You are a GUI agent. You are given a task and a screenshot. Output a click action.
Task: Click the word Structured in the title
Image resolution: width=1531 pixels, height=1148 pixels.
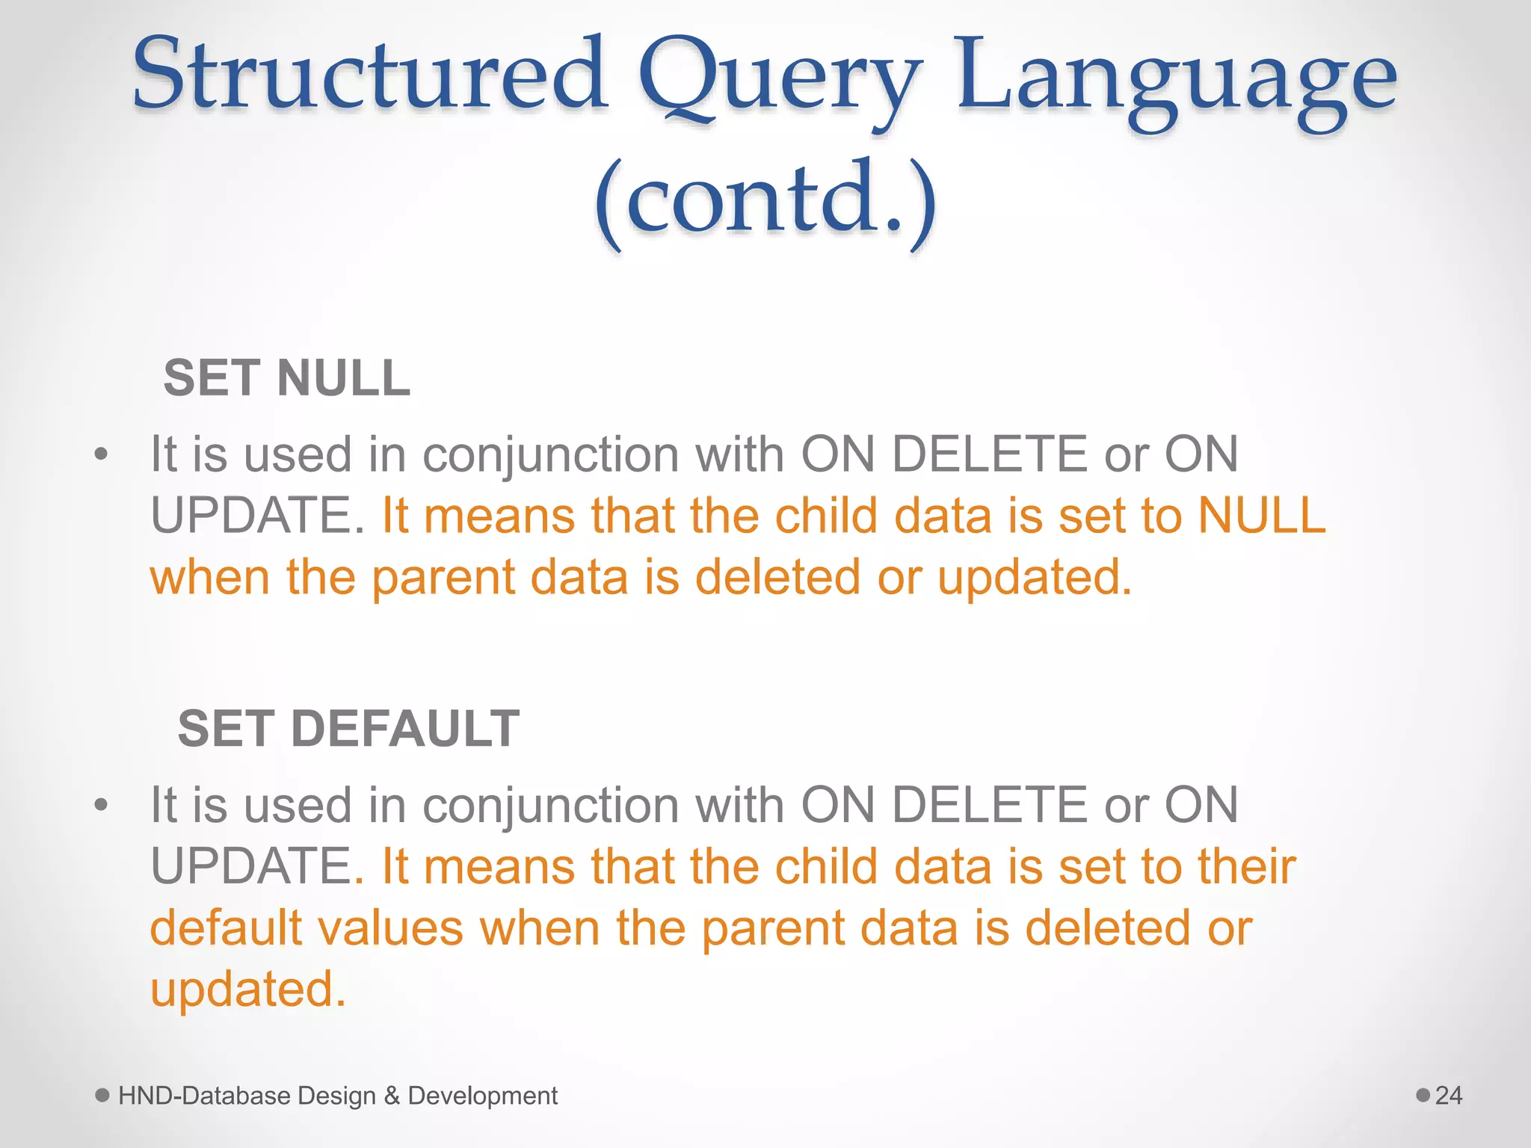pyautogui.click(x=369, y=75)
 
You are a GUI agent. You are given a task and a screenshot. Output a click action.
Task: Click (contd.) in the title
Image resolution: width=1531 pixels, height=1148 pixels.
pyautogui.click(x=765, y=200)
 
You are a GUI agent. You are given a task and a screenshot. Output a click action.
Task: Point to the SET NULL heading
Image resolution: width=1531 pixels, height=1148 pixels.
pyautogui.click(x=287, y=377)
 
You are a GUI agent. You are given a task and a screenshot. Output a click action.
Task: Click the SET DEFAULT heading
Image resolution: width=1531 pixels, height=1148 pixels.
pyautogui.click(x=348, y=729)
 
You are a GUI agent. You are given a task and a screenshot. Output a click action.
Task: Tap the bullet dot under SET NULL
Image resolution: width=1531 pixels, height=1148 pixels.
pyautogui.click(x=102, y=454)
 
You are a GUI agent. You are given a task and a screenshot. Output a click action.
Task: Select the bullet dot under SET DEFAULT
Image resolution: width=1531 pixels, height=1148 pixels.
pyautogui.click(x=102, y=806)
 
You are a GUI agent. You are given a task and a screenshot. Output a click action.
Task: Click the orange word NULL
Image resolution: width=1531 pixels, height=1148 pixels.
pyautogui.click(x=1261, y=516)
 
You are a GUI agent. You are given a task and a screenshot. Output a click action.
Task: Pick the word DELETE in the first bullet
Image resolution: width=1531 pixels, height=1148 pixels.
pyautogui.click(x=990, y=454)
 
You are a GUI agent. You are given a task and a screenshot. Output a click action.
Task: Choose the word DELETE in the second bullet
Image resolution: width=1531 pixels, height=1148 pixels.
pyautogui.click(x=990, y=806)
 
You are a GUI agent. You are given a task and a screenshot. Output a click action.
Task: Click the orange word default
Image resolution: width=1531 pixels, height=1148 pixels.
pyautogui.click(x=226, y=928)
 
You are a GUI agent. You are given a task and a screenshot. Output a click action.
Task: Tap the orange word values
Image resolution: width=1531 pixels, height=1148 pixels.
pyautogui.click(x=396, y=928)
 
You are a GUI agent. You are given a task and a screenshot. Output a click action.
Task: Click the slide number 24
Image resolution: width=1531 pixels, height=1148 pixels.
pyautogui.click(x=1449, y=1096)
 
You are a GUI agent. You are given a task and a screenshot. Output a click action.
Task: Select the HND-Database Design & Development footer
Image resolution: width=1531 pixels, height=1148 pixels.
pyautogui.click(x=338, y=1096)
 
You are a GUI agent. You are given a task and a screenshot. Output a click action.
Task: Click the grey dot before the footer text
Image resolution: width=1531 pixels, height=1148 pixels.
pyautogui.click(x=103, y=1096)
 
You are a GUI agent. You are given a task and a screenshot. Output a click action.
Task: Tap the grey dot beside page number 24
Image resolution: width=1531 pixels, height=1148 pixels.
pyautogui.click(x=1423, y=1096)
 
